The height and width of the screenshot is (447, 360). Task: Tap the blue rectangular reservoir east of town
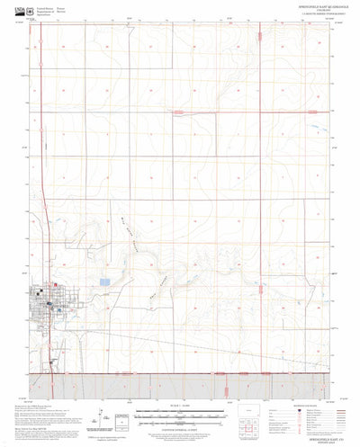point(105,282)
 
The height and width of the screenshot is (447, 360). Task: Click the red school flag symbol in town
point(54,288)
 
